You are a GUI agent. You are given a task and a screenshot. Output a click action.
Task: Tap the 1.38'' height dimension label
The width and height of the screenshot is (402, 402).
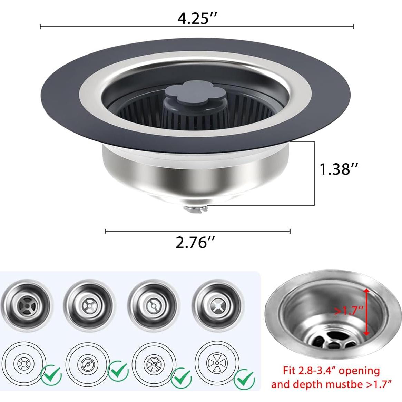[x=339, y=169]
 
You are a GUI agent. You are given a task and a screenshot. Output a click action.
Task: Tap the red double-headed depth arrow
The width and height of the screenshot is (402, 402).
[x=366, y=312]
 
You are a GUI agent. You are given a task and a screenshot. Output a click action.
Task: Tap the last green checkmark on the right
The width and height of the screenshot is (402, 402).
[x=244, y=379]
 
